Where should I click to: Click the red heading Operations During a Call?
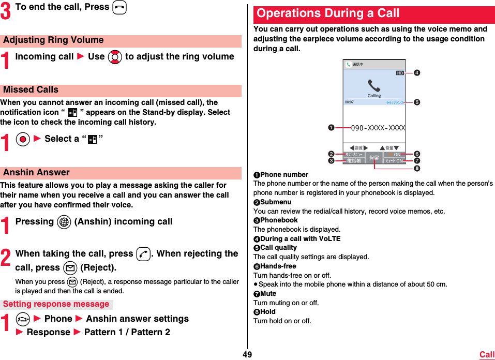tap(328, 13)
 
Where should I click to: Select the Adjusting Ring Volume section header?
tap(53, 40)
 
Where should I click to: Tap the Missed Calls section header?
tap(31, 90)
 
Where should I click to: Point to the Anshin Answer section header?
tap(36, 173)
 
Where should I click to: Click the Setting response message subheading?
tap(56, 305)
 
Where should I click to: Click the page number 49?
tap(247, 354)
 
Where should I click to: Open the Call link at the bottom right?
tap(487, 354)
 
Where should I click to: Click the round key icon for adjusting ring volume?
tap(115, 57)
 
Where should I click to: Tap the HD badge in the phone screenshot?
tap(400, 73)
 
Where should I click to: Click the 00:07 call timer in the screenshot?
tap(350, 102)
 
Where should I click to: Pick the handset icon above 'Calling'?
tap(373, 85)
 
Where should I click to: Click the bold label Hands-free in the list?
tap(278, 266)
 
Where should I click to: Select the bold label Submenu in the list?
tap(276, 202)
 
